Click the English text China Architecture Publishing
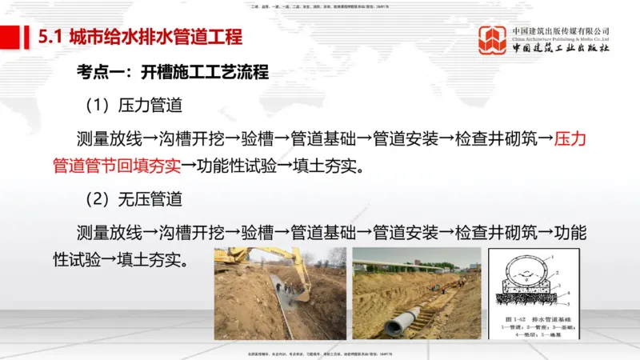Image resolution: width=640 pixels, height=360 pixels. [560, 39]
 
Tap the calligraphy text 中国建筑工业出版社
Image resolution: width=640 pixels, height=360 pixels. [560, 50]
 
